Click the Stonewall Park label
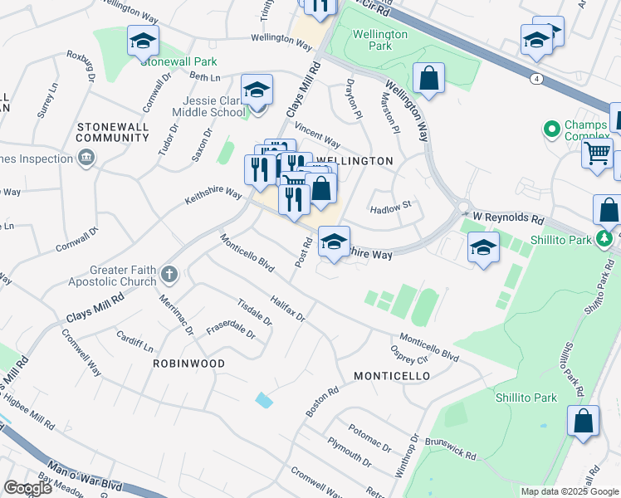[178, 61]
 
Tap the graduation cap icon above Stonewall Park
[143, 40]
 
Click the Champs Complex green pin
[549, 129]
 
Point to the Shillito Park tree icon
[605, 240]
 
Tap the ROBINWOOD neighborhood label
[188, 364]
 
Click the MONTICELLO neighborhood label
[392, 376]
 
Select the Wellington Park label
[379, 40]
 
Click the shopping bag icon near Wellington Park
[428, 79]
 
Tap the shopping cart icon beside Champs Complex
[597, 153]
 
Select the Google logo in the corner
[27, 488]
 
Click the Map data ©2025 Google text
[570, 491]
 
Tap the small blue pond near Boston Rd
[264, 400]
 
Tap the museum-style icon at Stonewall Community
[85, 158]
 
